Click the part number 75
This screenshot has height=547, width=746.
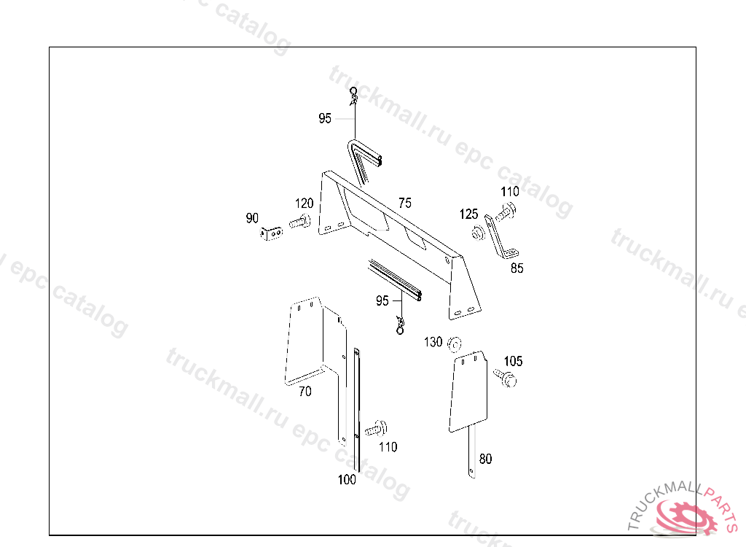(x=405, y=202)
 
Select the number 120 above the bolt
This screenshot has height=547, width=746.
(x=304, y=203)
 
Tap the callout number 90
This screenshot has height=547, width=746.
(x=252, y=218)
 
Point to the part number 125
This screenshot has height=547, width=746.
(x=468, y=214)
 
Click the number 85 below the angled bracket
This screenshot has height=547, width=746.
(x=517, y=268)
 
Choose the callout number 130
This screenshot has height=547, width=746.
(x=433, y=342)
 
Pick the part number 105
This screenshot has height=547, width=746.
(x=513, y=361)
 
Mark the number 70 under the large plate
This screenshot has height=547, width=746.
(x=305, y=392)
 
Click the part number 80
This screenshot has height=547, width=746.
(x=485, y=459)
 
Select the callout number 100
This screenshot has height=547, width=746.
(x=347, y=479)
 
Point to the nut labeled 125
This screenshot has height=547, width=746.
(x=478, y=234)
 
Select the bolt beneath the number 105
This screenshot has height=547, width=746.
(x=505, y=378)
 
